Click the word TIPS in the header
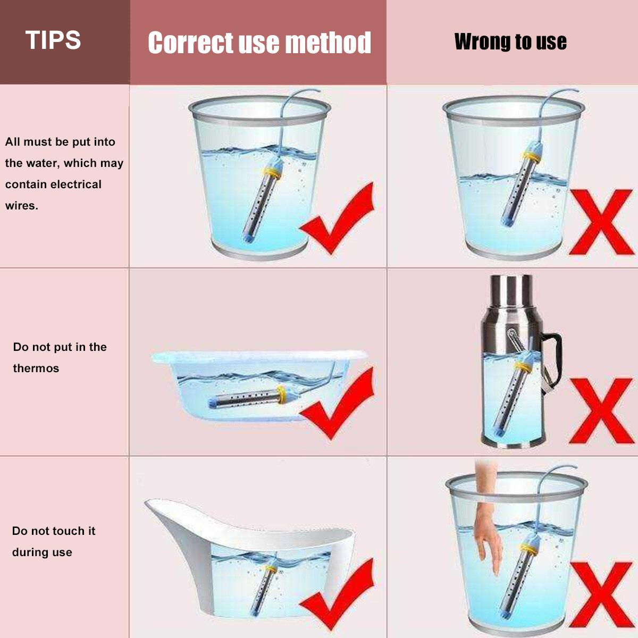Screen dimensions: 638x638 (x=53, y=40)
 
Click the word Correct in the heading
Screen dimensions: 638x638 (x=191, y=43)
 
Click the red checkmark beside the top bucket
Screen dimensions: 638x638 (x=337, y=219)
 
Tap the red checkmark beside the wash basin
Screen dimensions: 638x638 (x=337, y=403)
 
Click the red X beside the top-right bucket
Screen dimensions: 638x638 (x=601, y=222)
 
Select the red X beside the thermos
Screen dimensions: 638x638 (x=601, y=411)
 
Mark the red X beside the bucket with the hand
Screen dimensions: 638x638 (x=601, y=594)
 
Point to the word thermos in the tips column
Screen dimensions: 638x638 (x=36, y=368)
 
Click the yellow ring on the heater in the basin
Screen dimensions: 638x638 (x=282, y=394)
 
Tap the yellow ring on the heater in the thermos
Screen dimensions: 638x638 (x=523, y=366)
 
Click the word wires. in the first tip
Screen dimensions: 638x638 (x=22, y=206)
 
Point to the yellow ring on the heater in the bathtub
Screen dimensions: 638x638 (x=271, y=569)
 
